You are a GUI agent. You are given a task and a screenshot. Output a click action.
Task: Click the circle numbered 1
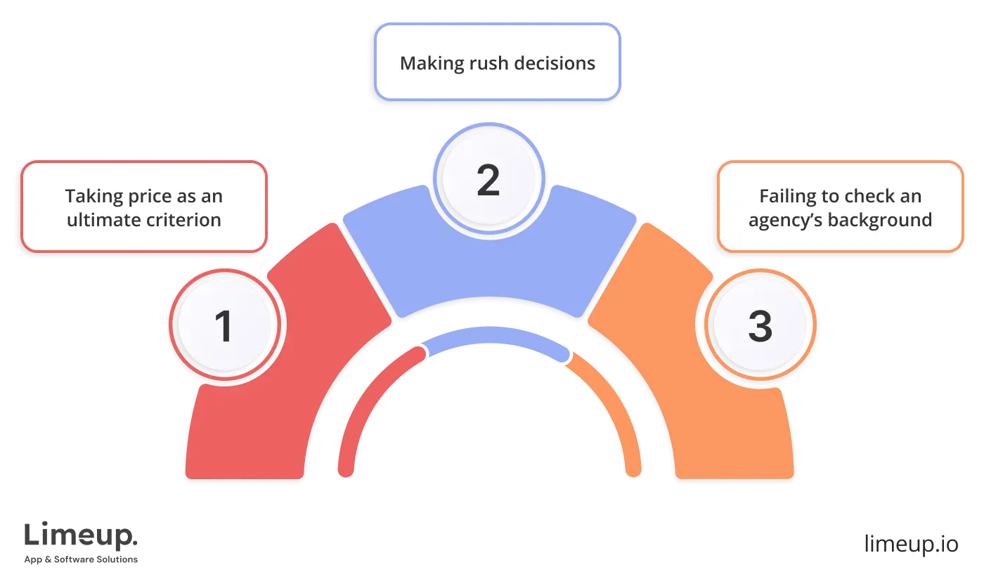click(224, 327)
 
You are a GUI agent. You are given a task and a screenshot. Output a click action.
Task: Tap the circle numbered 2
click(488, 180)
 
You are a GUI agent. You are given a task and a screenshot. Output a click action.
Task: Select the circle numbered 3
click(760, 327)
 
